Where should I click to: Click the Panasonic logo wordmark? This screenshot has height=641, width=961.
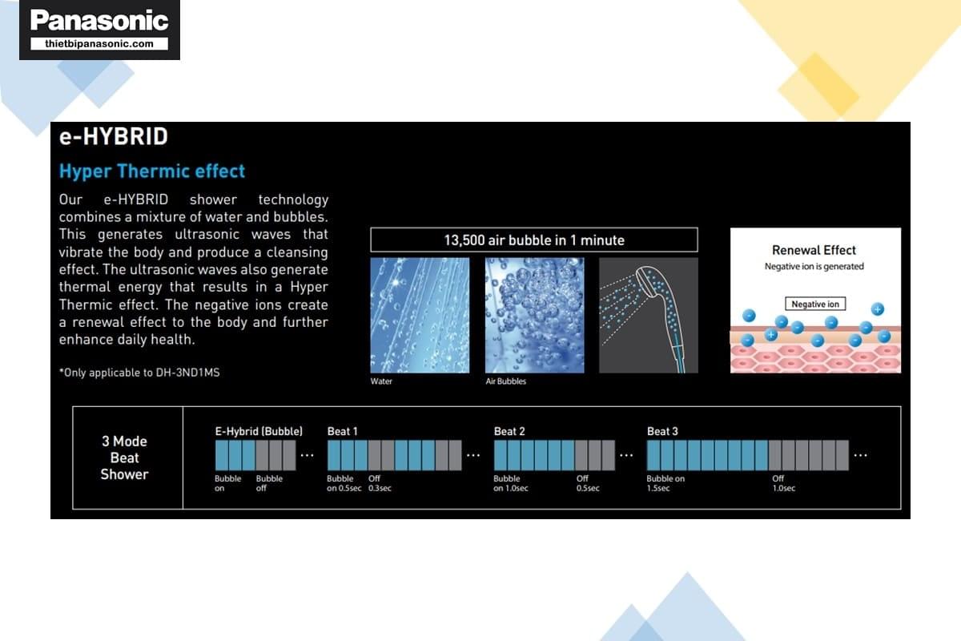coord(99,21)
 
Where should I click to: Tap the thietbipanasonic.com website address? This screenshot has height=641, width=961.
coord(99,44)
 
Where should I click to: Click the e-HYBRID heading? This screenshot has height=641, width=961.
coord(113,136)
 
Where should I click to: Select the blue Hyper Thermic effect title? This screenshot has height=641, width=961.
coord(152,171)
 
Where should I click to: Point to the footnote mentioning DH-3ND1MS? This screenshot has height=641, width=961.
coord(139,373)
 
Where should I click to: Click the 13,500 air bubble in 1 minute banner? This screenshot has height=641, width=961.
coord(534,240)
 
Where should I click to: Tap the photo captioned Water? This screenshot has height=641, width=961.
coord(420,315)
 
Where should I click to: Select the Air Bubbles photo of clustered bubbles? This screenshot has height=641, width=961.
coord(535,315)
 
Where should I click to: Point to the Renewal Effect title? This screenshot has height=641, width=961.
coord(814,250)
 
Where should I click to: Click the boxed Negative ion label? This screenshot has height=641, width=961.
coord(815,304)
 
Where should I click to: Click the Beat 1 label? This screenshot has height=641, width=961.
coord(343,431)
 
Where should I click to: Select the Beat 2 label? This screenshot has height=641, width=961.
coord(509,431)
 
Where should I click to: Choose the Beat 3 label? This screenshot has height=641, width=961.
coord(662,431)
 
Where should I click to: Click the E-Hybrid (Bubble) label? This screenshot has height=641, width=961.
coord(259,431)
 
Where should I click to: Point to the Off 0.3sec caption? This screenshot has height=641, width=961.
coord(380,483)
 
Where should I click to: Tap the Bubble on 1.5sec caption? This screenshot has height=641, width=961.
coord(665,483)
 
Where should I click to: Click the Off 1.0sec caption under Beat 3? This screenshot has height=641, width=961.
coord(784,483)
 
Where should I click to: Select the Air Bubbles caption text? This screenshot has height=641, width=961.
coord(506,381)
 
